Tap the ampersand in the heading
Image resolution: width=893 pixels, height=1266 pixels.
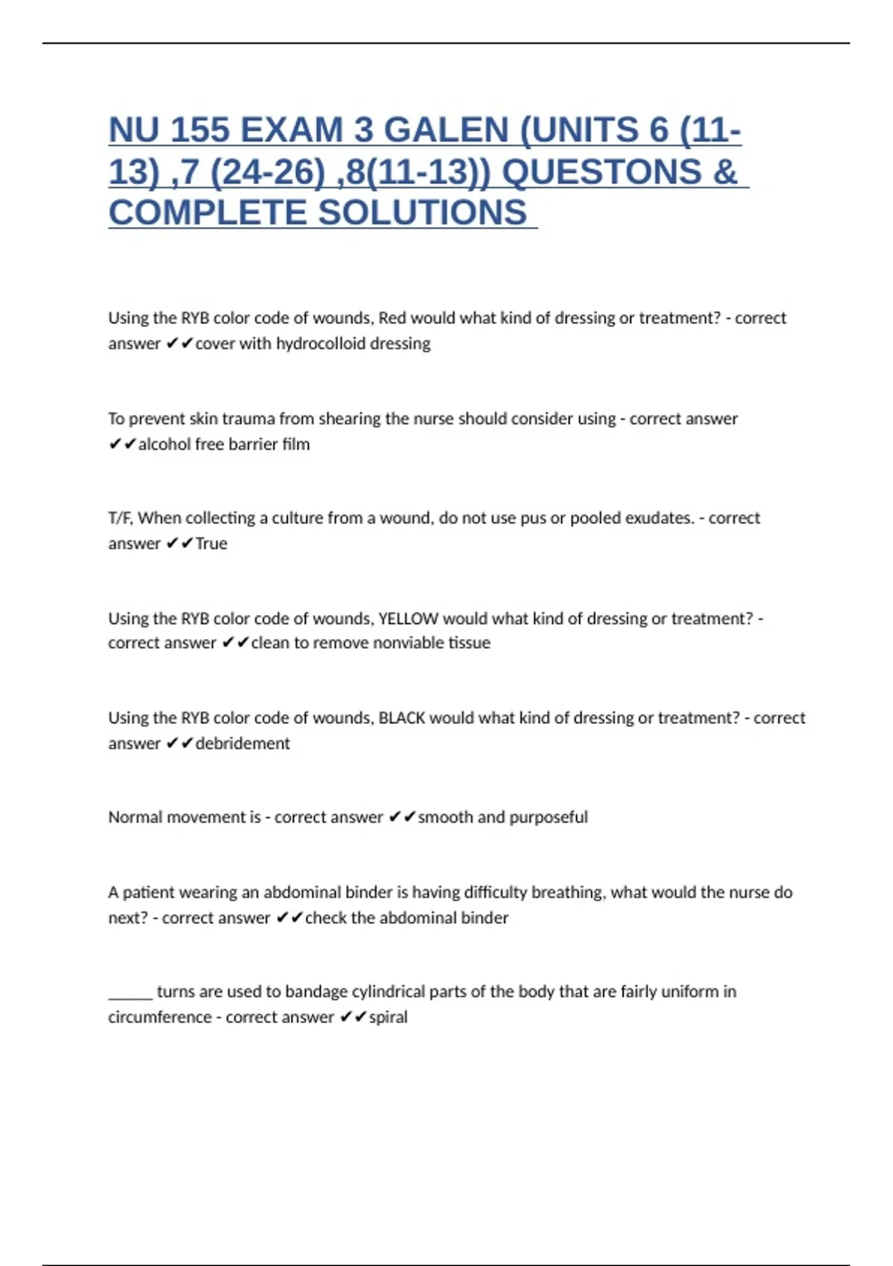[x=724, y=172]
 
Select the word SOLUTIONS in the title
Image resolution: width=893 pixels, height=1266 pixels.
[x=423, y=213]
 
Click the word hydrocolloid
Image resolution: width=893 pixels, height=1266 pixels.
[x=321, y=343]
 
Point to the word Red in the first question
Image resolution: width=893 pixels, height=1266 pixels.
[x=392, y=318]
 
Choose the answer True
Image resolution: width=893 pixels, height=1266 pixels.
[x=211, y=544]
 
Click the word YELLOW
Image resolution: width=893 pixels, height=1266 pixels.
[x=409, y=619]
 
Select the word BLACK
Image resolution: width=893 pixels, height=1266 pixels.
[x=402, y=718]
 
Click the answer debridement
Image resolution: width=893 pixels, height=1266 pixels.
[x=243, y=743]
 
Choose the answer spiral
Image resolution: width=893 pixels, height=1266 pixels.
[x=388, y=1017]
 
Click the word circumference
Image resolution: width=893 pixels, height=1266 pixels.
[x=160, y=1017]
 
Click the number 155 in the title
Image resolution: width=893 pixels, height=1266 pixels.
[x=199, y=130]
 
